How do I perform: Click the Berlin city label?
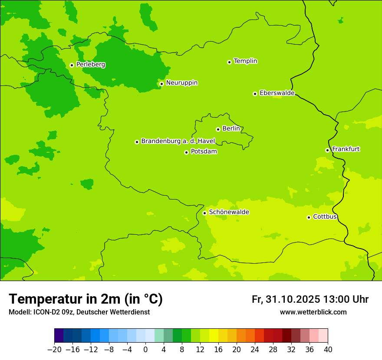[231, 128]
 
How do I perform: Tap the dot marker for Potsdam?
[186, 152]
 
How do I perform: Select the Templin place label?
[245, 61]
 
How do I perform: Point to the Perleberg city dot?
[72, 65]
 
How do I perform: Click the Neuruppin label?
[181, 82]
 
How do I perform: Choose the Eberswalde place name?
[277, 93]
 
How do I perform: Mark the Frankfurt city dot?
[327, 150]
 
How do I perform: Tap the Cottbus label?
[325, 216]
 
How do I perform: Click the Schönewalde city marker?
[204, 213]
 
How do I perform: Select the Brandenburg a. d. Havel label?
[178, 141]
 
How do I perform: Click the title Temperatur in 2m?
[86, 299]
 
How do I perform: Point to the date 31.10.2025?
[293, 299]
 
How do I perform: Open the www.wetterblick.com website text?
[313, 312]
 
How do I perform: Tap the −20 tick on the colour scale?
[54, 349]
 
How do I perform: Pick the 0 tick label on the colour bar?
[145, 349]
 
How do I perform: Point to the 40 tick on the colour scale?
[328, 349]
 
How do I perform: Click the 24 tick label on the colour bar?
[255, 349]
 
